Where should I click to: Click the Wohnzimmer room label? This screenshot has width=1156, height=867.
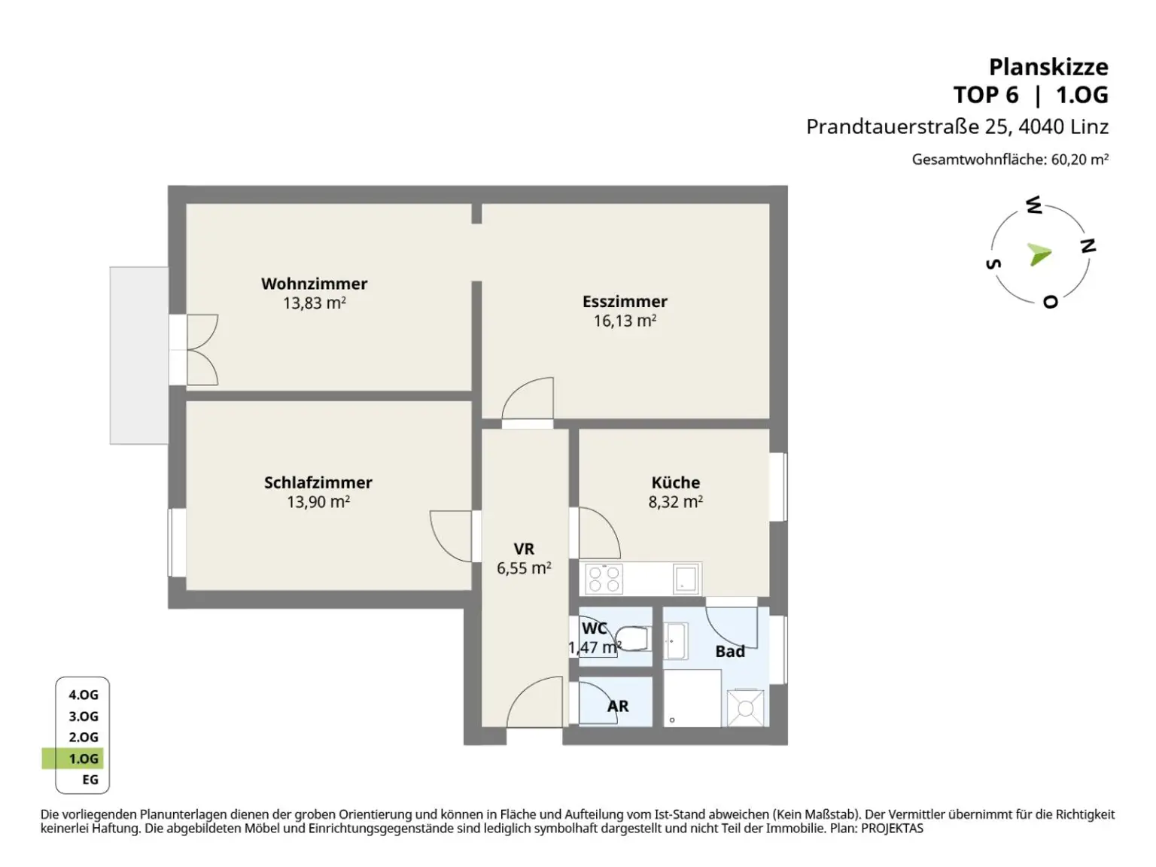click(x=314, y=284)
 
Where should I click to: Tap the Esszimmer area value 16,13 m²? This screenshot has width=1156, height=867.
click(x=625, y=321)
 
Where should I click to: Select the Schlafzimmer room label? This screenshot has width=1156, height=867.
click(x=318, y=482)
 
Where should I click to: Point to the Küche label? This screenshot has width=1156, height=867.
click(x=676, y=482)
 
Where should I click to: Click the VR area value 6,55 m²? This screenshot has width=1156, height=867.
click(x=524, y=568)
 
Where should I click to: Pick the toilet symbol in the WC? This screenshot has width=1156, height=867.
click(x=632, y=638)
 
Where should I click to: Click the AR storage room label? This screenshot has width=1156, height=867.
click(x=618, y=706)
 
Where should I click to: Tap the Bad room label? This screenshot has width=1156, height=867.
click(x=730, y=651)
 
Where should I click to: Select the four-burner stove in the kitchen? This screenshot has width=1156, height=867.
click(x=604, y=579)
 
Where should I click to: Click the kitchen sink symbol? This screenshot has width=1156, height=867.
click(x=686, y=579)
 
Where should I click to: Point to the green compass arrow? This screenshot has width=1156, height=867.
click(x=1039, y=255)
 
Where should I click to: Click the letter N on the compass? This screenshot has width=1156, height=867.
click(x=1088, y=245)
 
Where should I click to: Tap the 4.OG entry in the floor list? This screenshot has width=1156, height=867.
click(x=84, y=695)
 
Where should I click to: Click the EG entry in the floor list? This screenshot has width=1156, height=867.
click(x=90, y=780)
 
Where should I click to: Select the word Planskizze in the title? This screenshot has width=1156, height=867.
click(x=1048, y=68)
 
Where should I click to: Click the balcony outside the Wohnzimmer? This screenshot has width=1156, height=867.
click(x=139, y=355)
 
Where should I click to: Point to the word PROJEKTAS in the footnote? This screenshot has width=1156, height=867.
click(x=892, y=828)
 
